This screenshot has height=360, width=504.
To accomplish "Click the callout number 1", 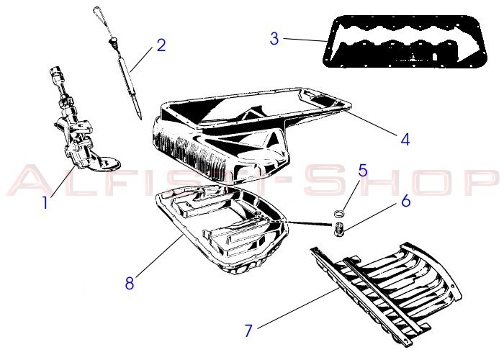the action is (x=45, y=202).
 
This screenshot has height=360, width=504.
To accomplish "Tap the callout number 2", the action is (x=161, y=45).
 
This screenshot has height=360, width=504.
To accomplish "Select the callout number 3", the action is (x=274, y=39).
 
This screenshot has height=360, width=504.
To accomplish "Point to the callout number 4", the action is (x=405, y=140).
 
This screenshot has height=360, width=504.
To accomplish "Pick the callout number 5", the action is (x=363, y=171).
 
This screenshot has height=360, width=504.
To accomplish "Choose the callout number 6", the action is (x=406, y=201).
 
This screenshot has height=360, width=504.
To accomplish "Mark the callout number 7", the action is (x=248, y=330).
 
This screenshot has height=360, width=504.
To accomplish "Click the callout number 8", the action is (x=130, y=283).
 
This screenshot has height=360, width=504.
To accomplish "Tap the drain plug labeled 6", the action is (x=339, y=229).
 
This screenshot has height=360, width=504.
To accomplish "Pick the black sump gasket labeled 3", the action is (x=405, y=42).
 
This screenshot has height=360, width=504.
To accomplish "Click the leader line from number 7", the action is (x=298, y=308).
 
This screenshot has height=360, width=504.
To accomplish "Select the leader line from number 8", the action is (x=160, y=255).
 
